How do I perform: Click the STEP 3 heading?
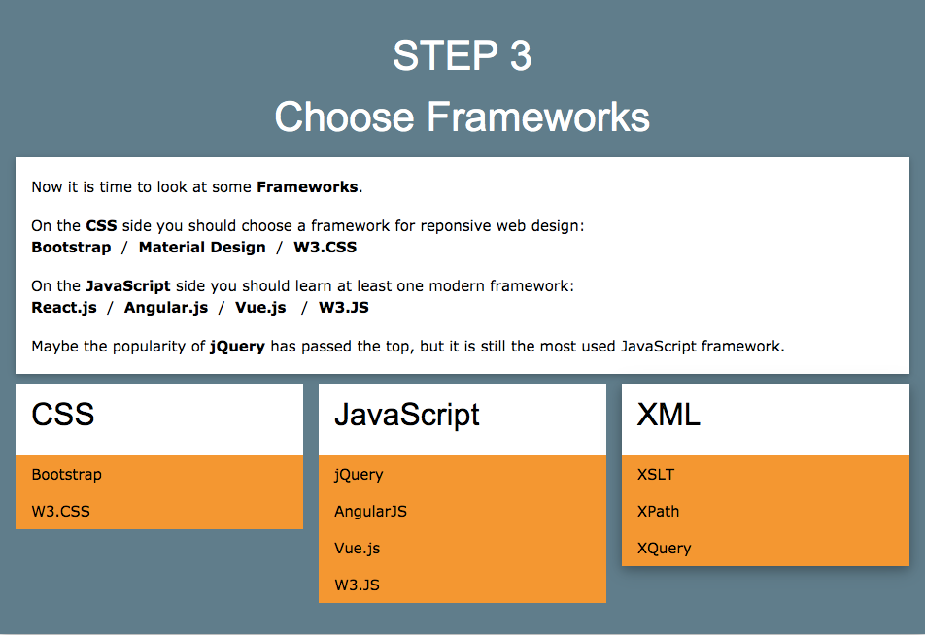click(x=462, y=56)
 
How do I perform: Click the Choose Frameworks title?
click(x=462, y=117)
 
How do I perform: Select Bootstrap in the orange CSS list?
click(x=66, y=475)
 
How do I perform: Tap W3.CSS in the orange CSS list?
click(x=60, y=512)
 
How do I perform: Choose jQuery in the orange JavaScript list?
click(x=359, y=475)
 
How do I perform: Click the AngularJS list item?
click(x=370, y=512)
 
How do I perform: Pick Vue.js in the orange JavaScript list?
click(x=357, y=549)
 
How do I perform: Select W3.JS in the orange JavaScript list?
click(x=357, y=585)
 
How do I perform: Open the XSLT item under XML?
click(x=656, y=475)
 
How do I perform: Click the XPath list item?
click(x=658, y=512)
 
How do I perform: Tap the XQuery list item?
click(x=664, y=549)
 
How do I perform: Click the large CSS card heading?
click(x=63, y=416)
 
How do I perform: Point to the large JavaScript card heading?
click(x=407, y=416)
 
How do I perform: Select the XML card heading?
click(x=668, y=416)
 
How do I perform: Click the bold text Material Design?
click(x=202, y=248)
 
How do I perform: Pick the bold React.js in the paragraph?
click(x=64, y=308)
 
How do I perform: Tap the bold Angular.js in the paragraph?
click(x=166, y=308)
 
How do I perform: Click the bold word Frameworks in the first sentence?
click(x=307, y=187)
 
